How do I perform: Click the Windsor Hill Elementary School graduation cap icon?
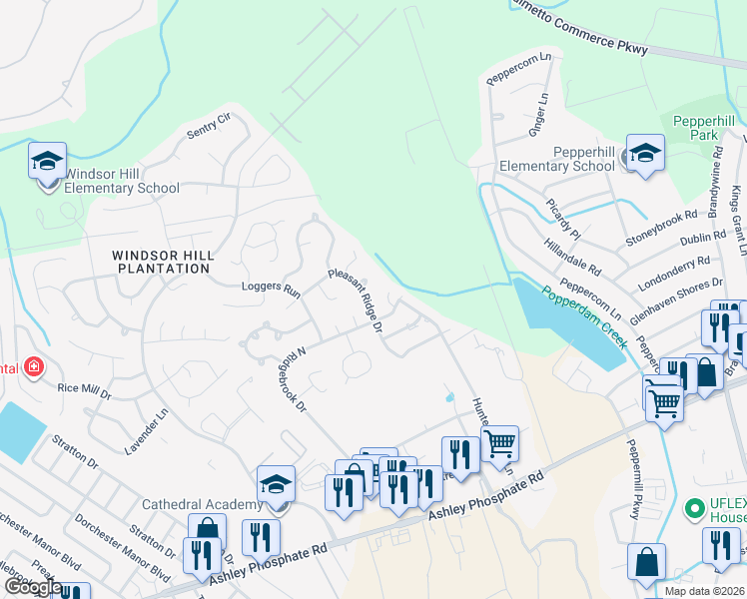coord(47,161)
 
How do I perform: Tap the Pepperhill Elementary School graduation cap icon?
coord(645,153)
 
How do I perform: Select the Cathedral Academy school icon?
coord(276,485)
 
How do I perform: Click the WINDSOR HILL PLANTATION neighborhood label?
coord(163,262)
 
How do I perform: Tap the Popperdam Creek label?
coord(585,316)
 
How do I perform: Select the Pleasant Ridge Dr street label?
coord(357,299)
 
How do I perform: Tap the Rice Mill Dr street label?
coord(84,389)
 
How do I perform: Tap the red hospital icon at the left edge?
coord(34,367)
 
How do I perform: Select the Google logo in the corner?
coord(33,587)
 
